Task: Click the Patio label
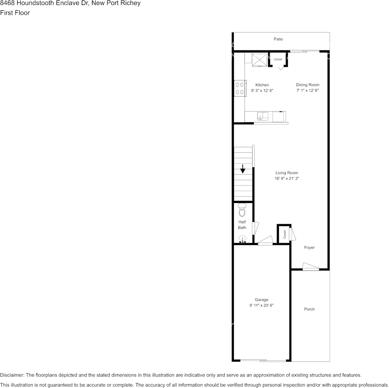pyautogui.click(x=278, y=39)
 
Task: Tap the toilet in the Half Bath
pyautogui.click(x=242, y=210)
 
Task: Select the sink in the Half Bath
pyautogui.click(x=242, y=239)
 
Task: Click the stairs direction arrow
pyautogui.click(x=243, y=169)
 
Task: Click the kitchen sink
pyautogui.click(x=262, y=116)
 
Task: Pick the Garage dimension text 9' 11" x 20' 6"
pyautogui.click(x=261, y=306)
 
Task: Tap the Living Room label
pyautogui.click(x=287, y=173)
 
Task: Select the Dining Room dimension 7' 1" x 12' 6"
pyautogui.click(x=308, y=91)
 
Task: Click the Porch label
pyautogui.click(x=310, y=309)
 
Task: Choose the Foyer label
pyautogui.click(x=310, y=248)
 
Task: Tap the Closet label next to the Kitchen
pyautogui.click(x=278, y=59)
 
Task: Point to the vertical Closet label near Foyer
pyautogui.click(x=285, y=235)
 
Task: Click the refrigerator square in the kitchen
pyautogui.click(x=259, y=60)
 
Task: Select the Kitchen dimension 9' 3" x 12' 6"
pyautogui.click(x=262, y=91)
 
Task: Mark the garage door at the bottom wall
pyautogui.click(x=263, y=361)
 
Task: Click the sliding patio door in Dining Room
pyautogui.click(x=305, y=51)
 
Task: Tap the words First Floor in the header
pyautogui.click(x=15, y=13)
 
